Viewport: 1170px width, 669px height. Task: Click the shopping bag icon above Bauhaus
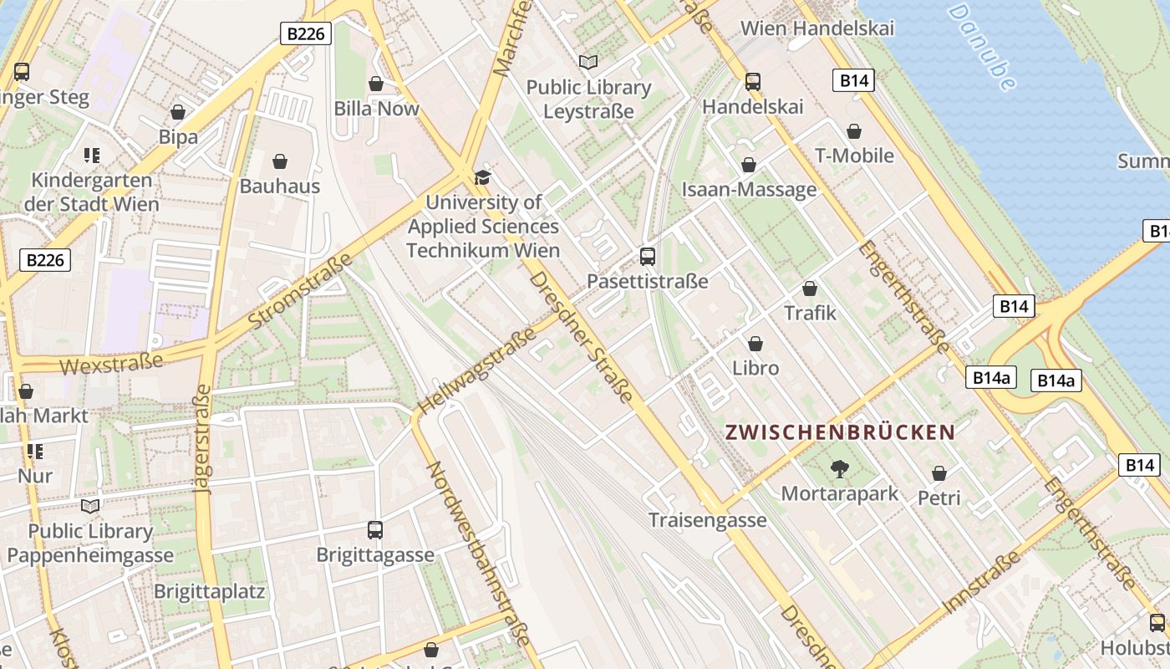(x=280, y=161)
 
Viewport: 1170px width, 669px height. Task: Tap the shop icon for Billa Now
(x=376, y=84)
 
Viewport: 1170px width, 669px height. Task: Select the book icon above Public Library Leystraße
(x=588, y=62)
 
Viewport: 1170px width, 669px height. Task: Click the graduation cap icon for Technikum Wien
(x=482, y=177)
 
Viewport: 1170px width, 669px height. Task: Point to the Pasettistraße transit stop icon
(x=647, y=257)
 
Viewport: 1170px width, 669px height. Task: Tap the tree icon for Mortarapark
(x=839, y=469)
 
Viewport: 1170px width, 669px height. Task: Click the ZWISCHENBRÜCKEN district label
(x=840, y=432)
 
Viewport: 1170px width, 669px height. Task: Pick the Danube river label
(x=982, y=46)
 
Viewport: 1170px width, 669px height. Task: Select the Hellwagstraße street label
(x=476, y=371)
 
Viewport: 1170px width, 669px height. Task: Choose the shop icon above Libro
(x=755, y=344)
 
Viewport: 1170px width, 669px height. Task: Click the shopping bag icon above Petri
(x=939, y=474)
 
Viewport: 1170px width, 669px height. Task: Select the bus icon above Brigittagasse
(x=375, y=530)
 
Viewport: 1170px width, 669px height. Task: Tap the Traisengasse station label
(x=708, y=520)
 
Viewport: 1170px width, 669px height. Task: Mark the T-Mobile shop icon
(x=854, y=132)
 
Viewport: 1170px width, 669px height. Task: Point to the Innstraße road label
(x=982, y=581)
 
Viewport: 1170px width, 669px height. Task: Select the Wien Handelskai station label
(x=817, y=28)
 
